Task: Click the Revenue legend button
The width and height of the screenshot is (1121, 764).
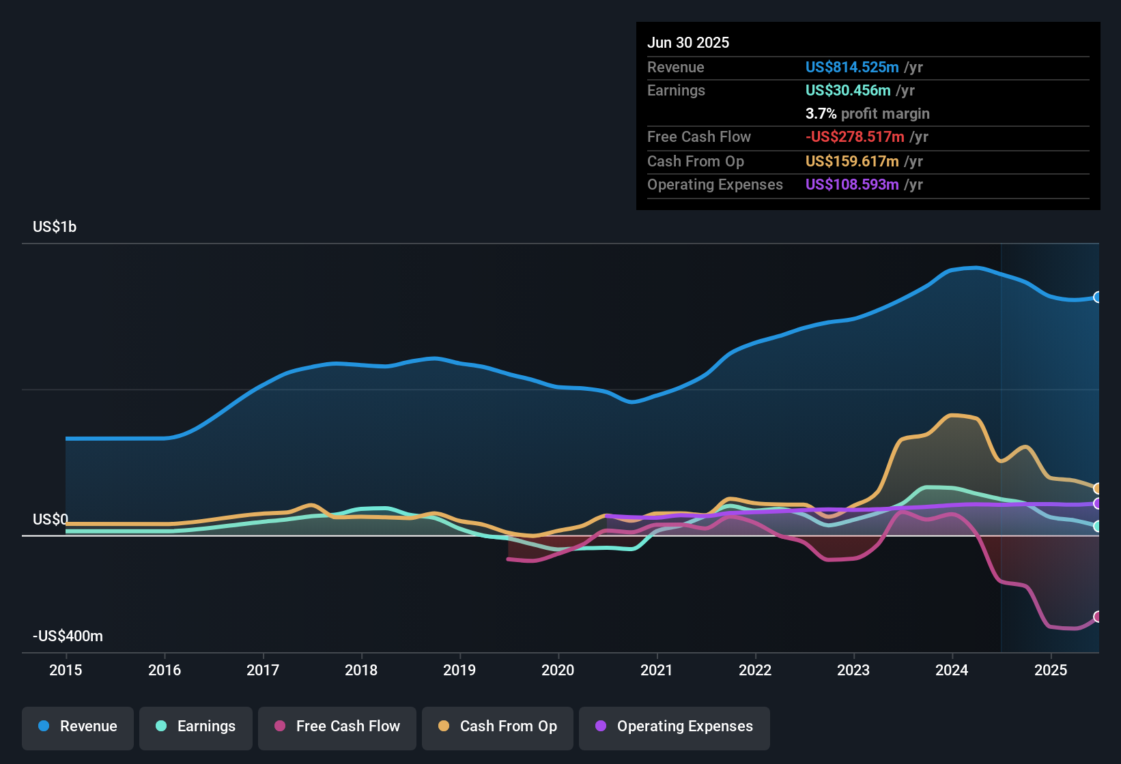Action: (78, 727)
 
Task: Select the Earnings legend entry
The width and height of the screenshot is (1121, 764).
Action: (196, 727)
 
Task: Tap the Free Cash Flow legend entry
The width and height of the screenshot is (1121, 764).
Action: (337, 727)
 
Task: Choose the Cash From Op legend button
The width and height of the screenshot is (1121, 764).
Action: (498, 727)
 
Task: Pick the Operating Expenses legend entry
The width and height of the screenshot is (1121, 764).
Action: (675, 727)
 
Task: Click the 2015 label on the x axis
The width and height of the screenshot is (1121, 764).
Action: (66, 671)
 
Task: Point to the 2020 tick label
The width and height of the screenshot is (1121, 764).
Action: (558, 671)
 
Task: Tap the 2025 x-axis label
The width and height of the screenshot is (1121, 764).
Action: (1050, 671)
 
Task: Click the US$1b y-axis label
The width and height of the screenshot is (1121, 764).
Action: (55, 227)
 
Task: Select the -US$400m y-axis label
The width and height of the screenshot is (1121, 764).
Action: (68, 636)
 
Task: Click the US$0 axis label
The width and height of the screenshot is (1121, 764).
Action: (51, 520)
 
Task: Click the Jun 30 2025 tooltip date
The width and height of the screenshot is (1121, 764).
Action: (688, 43)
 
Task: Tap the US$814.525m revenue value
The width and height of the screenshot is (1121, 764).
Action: (851, 68)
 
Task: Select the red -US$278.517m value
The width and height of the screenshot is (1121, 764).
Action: (855, 137)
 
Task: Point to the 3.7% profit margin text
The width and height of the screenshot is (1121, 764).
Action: (867, 114)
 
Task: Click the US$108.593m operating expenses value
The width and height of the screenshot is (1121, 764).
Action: (851, 185)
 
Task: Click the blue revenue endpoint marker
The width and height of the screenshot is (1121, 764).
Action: (1098, 297)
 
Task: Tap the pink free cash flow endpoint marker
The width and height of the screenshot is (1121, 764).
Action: (1098, 617)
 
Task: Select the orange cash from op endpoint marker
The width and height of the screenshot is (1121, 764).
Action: (1098, 488)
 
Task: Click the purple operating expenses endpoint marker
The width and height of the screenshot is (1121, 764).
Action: (1098, 504)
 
